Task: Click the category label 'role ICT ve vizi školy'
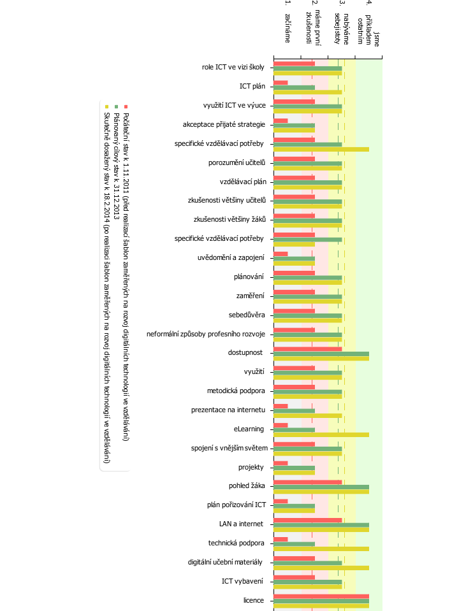click(x=233, y=67)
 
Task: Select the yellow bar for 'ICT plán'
click(x=308, y=92)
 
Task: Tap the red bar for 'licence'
click(x=321, y=596)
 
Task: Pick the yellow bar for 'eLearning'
click(x=321, y=435)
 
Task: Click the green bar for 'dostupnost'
click(x=321, y=354)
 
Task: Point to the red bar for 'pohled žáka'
click(x=308, y=482)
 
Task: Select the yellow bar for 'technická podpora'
click(x=321, y=549)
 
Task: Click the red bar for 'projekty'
click(x=280, y=463)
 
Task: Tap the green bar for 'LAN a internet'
click(x=321, y=525)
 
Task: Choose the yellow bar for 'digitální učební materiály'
click(x=321, y=568)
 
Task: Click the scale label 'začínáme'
click(x=288, y=28)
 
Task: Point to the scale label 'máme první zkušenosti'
click(x=313, y=27)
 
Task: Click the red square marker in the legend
click(x=126, y=106)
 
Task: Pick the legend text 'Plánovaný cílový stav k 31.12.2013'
click(x=116, y=166)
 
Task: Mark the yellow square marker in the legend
click(x=106, y=106)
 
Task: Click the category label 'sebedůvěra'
click(x=247, y=315)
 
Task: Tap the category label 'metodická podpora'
click(x=236, y=391)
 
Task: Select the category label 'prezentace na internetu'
click(x=228, y=410)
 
